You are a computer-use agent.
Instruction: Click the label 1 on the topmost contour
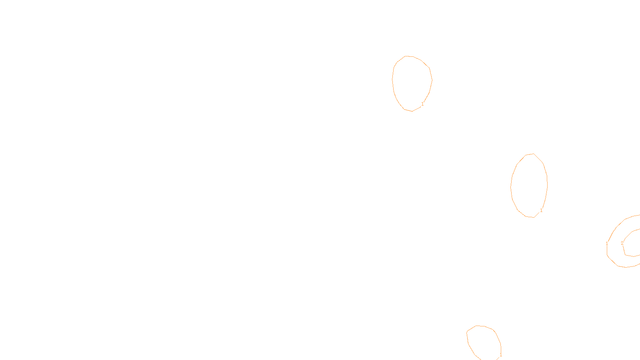click(422, 104)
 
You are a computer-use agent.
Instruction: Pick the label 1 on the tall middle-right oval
click(541, 210)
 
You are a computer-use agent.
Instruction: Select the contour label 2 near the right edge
click(622, 243)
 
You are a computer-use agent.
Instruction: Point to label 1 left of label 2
click(607, 244)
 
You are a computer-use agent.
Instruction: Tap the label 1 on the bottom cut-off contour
click(501, 355)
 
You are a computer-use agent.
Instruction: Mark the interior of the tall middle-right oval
click(529, 186)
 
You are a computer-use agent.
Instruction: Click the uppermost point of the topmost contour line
click(407, 56)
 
